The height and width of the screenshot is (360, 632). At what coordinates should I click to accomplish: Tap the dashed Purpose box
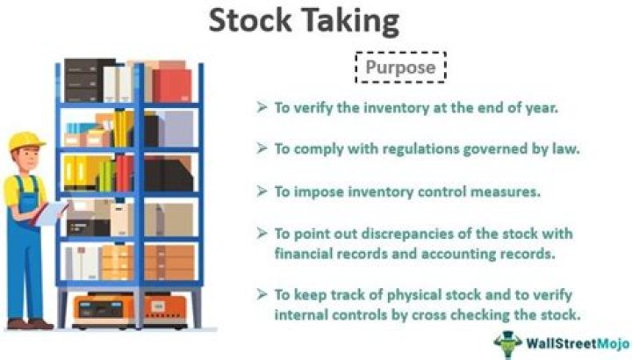coord(400,68)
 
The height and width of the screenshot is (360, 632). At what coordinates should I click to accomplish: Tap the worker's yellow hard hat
coord(26,140)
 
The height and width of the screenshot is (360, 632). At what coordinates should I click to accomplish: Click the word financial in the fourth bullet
coord(305,253)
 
